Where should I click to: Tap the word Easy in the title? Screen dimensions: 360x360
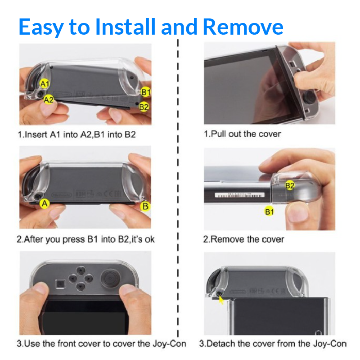41,27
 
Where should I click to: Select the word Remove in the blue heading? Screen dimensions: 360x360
243,27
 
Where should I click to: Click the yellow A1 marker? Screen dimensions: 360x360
45,84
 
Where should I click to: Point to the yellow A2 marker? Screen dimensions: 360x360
49,99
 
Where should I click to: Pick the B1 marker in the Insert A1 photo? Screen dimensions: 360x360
145,92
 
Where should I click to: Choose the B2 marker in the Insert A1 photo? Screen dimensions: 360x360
144,107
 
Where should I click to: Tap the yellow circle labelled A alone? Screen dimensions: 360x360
45,203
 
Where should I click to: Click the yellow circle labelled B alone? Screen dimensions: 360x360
145,206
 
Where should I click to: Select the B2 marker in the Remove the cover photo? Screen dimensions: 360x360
290,185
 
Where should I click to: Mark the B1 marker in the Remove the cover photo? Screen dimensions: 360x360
269,211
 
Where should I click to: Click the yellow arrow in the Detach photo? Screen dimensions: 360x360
221,300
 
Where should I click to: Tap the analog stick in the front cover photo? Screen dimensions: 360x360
110,278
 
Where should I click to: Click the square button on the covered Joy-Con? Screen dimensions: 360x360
60,284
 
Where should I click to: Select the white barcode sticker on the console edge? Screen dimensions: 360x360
239,195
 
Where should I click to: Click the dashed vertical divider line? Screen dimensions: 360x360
178,188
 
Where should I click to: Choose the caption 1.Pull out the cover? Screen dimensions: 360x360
243,134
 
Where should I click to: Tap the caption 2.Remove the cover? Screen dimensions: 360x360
243,239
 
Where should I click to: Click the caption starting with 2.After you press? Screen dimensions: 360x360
85,239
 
